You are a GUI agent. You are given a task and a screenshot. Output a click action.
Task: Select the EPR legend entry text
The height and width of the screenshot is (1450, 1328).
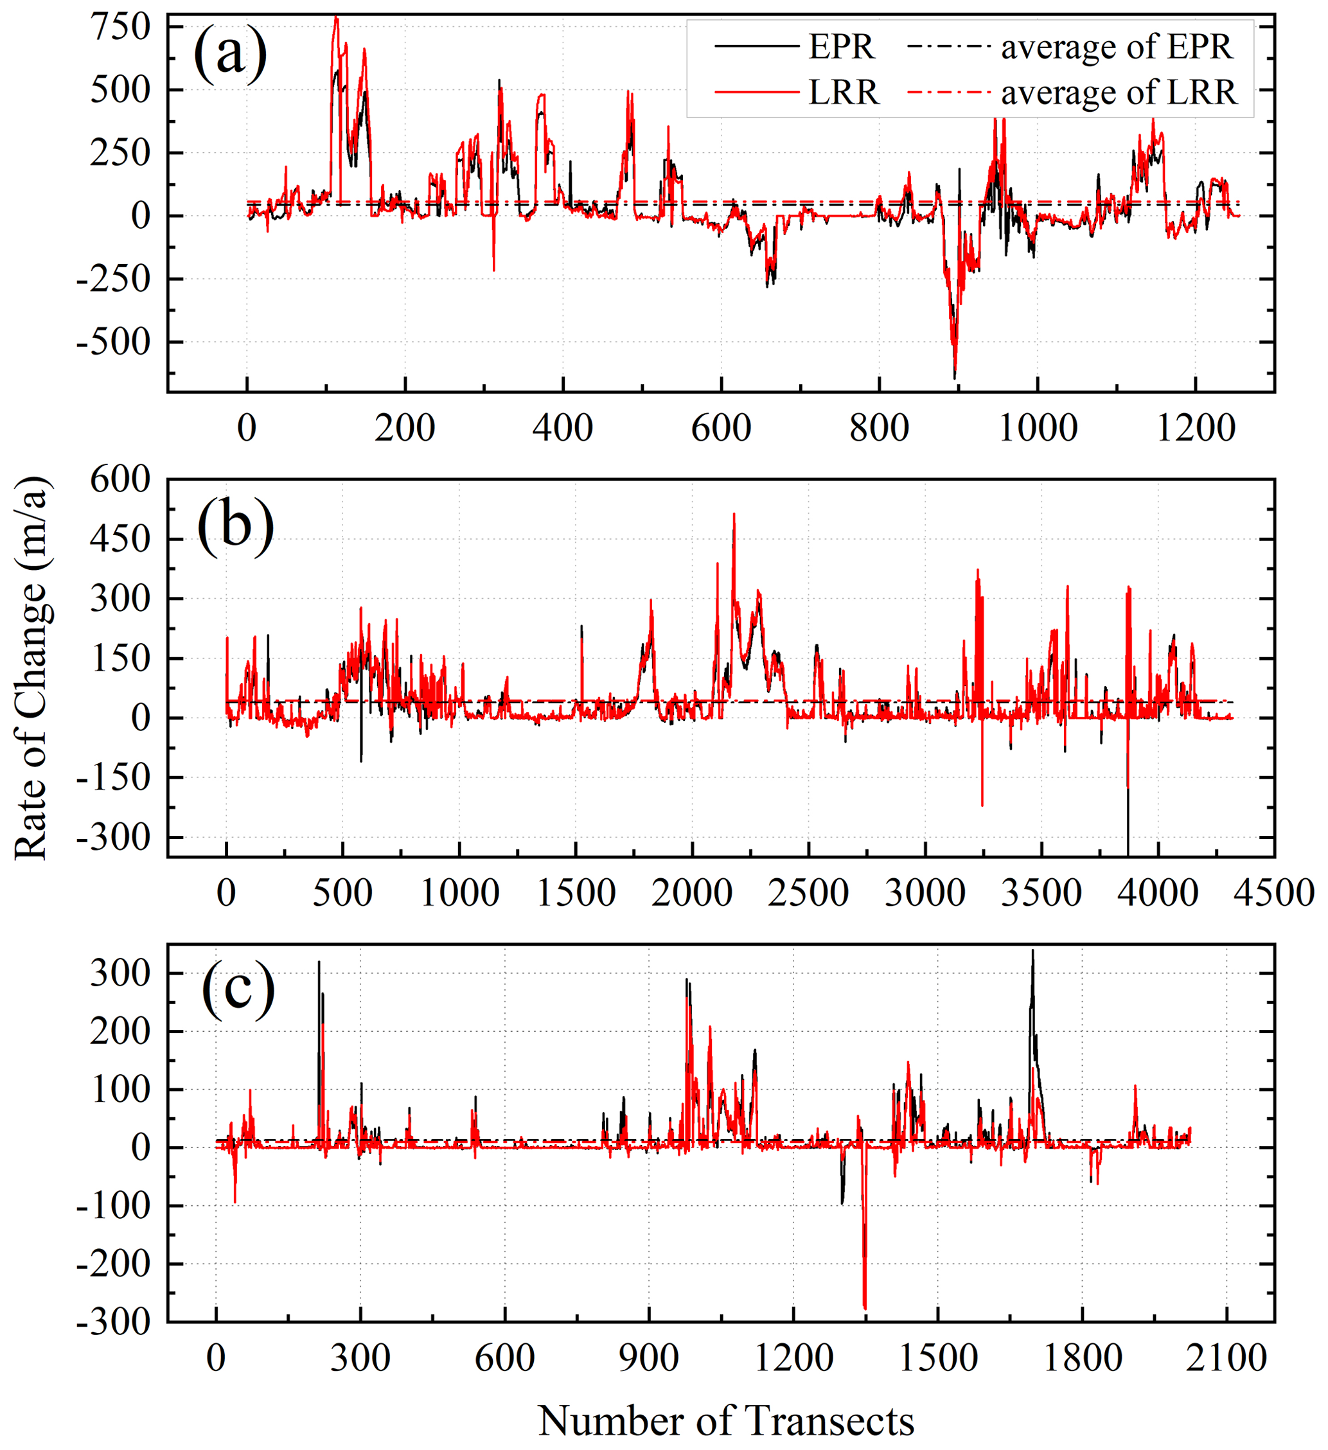tap(841, 47)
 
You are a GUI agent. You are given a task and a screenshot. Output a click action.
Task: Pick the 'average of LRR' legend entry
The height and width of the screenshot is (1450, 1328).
tap(1119, 92)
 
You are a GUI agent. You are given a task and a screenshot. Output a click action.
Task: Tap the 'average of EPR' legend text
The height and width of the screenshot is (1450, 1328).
tap(1117, 47)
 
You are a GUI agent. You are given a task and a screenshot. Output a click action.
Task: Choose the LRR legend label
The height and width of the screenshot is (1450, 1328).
tap(843, 92)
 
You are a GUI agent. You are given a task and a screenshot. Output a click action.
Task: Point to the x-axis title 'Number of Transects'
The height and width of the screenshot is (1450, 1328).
tap(726, 1420)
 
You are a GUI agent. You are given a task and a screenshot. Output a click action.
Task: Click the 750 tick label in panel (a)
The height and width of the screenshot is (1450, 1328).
tap(120, 28)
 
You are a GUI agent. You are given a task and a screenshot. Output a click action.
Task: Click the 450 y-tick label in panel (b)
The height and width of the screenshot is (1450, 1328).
tap(120, 539)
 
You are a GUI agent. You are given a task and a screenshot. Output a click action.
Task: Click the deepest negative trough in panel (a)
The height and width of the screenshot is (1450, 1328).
tap(955, 377)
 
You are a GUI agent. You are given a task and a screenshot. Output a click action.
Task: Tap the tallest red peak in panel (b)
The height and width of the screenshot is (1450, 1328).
tap(734, 514)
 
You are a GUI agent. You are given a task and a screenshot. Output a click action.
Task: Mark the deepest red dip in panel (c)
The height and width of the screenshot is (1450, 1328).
tap(865, 1308)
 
